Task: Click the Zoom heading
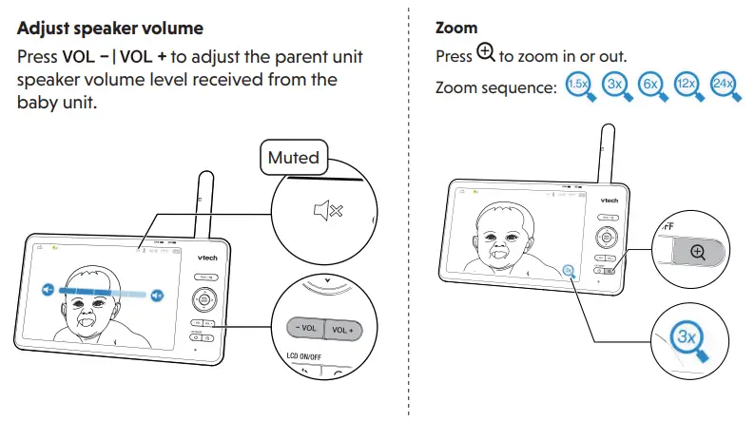point(456,29)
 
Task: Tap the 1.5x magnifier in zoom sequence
point(576,85)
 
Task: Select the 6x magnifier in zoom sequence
point(650,85)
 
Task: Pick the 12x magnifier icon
point(687,85)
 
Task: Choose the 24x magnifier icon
point(724,85)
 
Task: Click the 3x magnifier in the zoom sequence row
point(613,85)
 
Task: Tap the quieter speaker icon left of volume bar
point(48,288)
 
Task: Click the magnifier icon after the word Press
point(485,55)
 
